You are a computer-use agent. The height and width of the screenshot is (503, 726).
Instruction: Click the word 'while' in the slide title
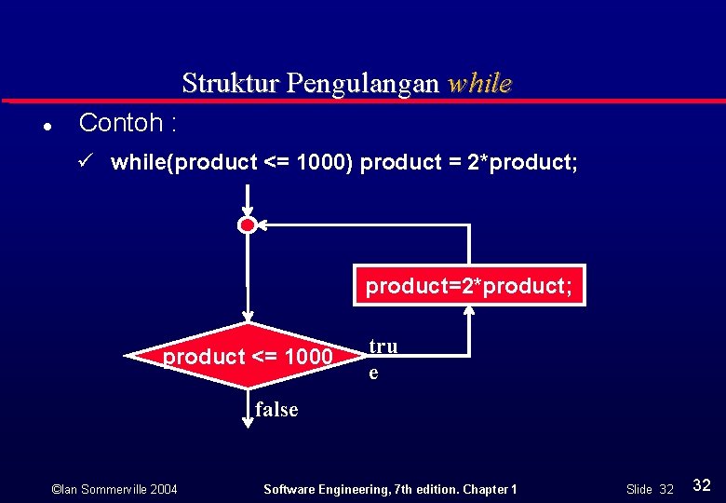coord(479,84)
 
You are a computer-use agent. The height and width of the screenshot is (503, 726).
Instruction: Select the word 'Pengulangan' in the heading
coord(363,84)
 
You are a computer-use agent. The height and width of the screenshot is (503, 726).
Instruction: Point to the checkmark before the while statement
coord(85,162)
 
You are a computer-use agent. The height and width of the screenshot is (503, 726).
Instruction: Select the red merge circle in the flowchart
coord(247,224)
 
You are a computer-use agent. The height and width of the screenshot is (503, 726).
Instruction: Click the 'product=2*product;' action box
coord(468,286)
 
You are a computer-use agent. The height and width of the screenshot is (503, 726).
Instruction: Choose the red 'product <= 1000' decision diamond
coord(248,357)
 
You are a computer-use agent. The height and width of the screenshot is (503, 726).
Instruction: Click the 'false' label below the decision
coord(276,409)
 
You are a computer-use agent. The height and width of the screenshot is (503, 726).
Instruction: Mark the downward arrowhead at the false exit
coord(248,421)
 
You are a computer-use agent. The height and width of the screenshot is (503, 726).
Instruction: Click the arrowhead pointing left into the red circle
coord(262,224)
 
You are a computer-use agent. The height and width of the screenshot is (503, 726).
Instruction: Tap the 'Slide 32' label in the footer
coord(649,489)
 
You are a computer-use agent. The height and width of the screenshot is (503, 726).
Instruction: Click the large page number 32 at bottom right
coord(702,484)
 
